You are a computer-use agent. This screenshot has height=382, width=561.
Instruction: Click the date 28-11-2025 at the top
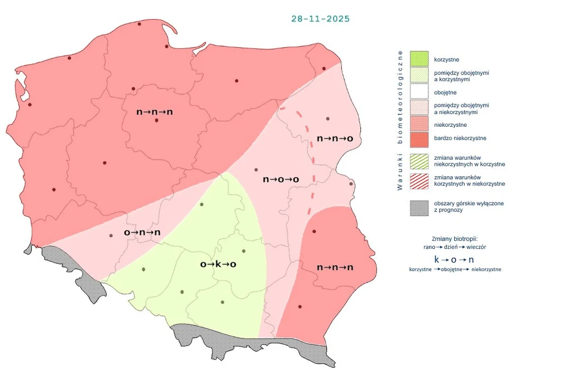(x=320, y=19)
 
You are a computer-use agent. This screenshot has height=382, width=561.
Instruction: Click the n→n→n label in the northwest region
(x=154, y=111)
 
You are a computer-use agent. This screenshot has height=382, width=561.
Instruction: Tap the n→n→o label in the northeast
(x=335, y=138)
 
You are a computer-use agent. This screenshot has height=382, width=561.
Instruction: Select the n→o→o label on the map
(x=280, y=179)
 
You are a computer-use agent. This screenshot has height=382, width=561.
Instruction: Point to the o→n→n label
(x=142, y=232)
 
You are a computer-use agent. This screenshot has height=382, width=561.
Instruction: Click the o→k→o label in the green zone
(x=218, y=264)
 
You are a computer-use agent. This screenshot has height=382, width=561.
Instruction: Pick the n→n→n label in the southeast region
(x=335, y=267)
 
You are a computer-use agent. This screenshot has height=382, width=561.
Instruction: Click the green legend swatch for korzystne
(x=419, y=59)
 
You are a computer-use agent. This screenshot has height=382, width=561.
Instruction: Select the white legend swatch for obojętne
(x=419, y=92)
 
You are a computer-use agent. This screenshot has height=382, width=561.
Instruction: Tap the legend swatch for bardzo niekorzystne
(x=419, y=138)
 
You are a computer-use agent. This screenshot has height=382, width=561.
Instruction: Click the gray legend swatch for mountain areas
(x=419, y=207)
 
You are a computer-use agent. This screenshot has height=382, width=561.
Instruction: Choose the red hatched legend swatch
(x=419, y=181)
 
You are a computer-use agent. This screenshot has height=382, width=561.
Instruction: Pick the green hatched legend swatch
(x=419, y=161)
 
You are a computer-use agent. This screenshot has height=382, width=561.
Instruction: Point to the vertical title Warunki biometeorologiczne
(x=400, y=120)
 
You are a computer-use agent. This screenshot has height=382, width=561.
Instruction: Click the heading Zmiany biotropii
(x=455, y=239)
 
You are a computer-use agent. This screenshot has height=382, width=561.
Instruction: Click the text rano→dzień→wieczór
(x=455, y=247)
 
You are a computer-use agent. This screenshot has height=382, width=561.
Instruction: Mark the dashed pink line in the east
(x=313, y=159)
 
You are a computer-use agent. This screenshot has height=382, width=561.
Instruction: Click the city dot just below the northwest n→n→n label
(x=157, y=120)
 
